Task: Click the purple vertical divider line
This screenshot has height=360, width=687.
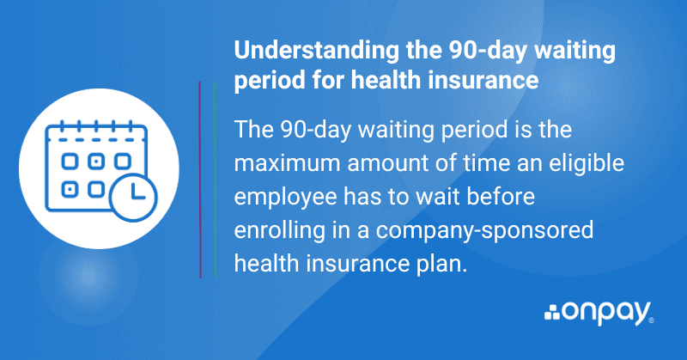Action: (199, 180)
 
